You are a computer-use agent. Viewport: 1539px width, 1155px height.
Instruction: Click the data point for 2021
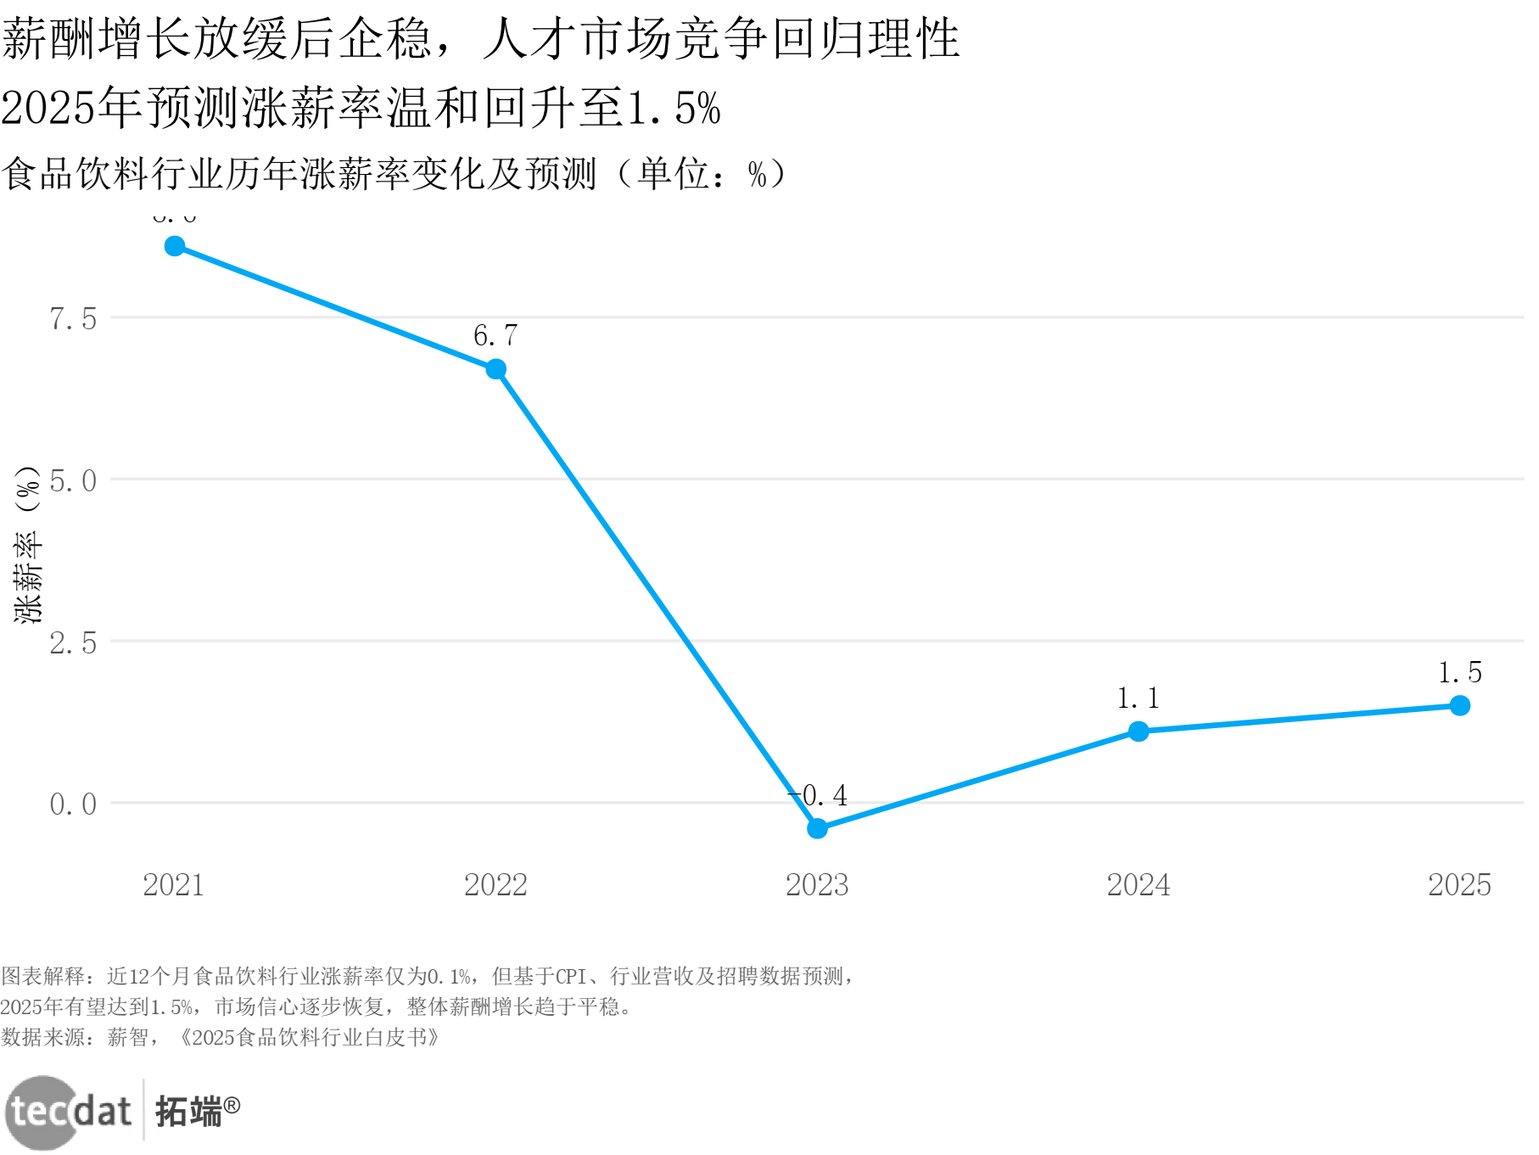coord(175,246)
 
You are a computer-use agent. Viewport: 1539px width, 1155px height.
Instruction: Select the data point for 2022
coord(496,369)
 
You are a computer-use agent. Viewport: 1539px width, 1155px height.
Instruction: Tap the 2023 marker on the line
coord(817,828)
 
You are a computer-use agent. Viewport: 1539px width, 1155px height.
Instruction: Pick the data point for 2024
coord(1139,732)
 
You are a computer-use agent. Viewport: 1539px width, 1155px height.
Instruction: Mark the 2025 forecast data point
coord(1459,705)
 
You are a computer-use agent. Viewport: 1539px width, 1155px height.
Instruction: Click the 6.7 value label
coord(495,336)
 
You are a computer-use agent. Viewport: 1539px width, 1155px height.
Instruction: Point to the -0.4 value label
coord(819,796)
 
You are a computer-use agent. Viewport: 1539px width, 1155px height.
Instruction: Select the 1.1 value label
coord(1138,698)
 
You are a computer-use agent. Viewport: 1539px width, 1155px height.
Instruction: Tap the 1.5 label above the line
coord(1459,673)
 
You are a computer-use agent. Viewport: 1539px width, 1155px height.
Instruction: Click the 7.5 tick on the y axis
coord(73,319)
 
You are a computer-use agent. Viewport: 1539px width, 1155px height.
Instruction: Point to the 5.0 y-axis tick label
coord(73,481)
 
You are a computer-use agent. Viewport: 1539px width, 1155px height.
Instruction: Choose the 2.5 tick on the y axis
coord(73,643)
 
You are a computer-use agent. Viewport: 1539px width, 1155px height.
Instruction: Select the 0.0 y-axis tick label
coord(73,805)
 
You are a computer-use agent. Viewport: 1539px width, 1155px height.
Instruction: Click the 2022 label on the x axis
coord(495,885)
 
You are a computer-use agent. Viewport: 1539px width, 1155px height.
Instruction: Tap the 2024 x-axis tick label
coord(1138,885)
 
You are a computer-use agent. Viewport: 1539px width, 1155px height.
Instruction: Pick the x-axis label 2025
coord(1459,885)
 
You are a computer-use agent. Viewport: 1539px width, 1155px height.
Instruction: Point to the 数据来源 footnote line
coord(220,1038)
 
